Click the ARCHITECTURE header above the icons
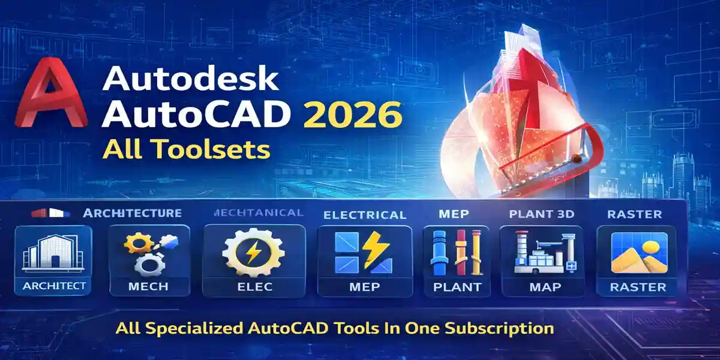132,213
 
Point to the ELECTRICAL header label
365,215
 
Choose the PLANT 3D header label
542,214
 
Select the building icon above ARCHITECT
53,252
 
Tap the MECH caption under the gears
149,286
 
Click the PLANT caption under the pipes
458,287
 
